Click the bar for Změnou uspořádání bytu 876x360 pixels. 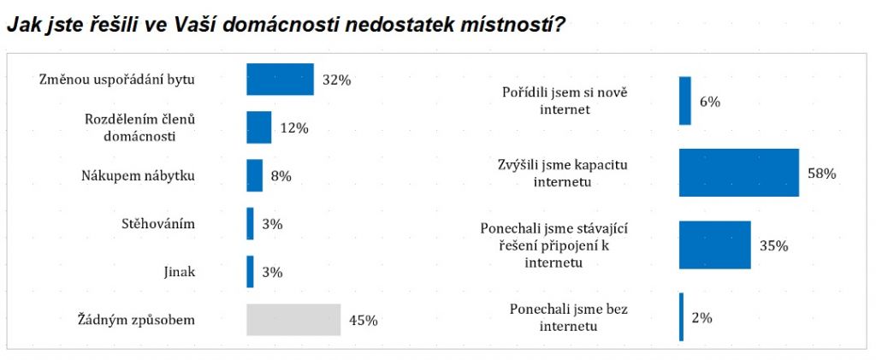(x=280, y=80)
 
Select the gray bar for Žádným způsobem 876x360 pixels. (x=293, y=320)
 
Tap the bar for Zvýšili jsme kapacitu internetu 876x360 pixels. (x=738, y=173)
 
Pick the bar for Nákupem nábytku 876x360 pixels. (x=254, y=175)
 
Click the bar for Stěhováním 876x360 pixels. (x=250, y=223)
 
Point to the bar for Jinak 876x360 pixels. (x=250, y=272)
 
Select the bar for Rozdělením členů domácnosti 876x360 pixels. (x=258, y=127)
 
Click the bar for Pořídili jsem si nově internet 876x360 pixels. (x=684, y=101)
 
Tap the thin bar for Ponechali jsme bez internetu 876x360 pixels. (x=681, y=316)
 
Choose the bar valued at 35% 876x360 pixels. (x=714, y=245)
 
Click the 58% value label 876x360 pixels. (x=821, y=173)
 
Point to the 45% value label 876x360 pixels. (x=363, y=321)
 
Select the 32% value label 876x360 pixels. (x=337, y=80)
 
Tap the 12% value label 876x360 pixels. (x=293, y=127)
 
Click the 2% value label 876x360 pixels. (x=701, y=317)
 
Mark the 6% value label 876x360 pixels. (x=710, y=101)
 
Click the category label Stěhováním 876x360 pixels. (x=159, y=224)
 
